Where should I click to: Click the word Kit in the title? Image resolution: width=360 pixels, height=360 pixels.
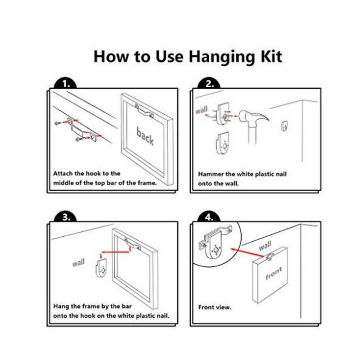coord(271,57)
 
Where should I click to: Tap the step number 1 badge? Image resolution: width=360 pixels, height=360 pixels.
coord(65,84)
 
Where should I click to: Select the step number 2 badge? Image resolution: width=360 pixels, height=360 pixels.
coord(209,84)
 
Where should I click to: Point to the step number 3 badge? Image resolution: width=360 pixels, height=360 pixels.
coord(65,217)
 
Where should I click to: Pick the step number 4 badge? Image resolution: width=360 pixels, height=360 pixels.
coord(209,217)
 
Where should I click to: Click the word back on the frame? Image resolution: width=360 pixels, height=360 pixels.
coord(145,136)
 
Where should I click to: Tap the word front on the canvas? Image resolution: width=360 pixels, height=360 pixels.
coord(274,273)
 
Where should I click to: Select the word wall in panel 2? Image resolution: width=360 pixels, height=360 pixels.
coord(201,110)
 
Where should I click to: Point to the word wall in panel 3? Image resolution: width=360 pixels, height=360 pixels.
coord(78,262)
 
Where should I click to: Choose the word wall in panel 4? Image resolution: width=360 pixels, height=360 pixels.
coord(265,246)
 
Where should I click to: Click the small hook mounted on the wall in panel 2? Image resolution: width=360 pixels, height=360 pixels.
coord(284,126)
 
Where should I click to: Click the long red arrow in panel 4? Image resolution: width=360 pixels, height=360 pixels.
coord(247,252)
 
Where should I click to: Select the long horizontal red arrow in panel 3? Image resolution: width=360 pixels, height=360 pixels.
coord(115,252)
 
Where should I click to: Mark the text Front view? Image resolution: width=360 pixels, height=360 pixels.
coord(215,307)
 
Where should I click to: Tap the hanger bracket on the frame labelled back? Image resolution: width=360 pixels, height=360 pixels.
coord(144,111)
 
